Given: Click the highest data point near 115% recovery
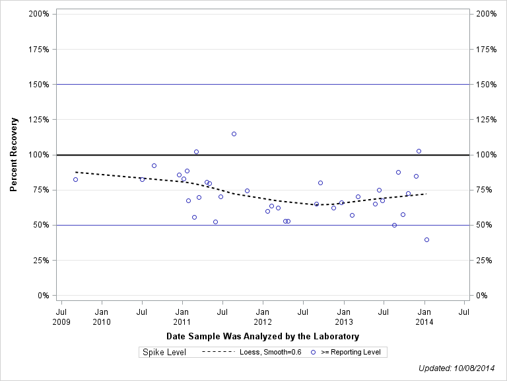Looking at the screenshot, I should [x=234, y=134].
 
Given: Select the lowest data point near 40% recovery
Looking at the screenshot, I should [x=426, y=239].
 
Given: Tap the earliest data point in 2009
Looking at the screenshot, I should [x=75, y=179].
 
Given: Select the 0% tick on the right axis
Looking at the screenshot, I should [x=481, y=296].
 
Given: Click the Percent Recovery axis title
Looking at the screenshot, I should [x=14, y=155].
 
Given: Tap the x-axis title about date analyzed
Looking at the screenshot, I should [x=263, y=337].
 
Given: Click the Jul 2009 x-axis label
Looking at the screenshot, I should [x=61, y=316].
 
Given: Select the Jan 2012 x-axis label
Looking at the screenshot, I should [x=263, y=316].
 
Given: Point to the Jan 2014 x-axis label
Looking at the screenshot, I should [x=424, y=316].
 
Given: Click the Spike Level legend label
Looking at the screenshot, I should [x=164, y=352].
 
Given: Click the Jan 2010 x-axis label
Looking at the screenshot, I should [x=102, y=316].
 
